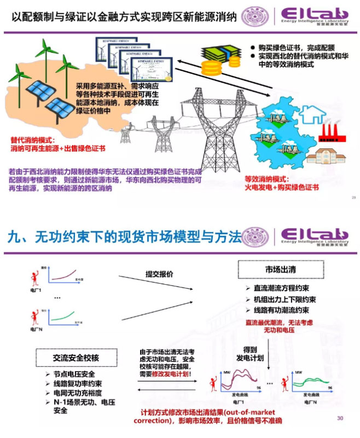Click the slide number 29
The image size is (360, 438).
[x=353, y=197]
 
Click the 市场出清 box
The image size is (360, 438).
[x=276, y=270]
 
